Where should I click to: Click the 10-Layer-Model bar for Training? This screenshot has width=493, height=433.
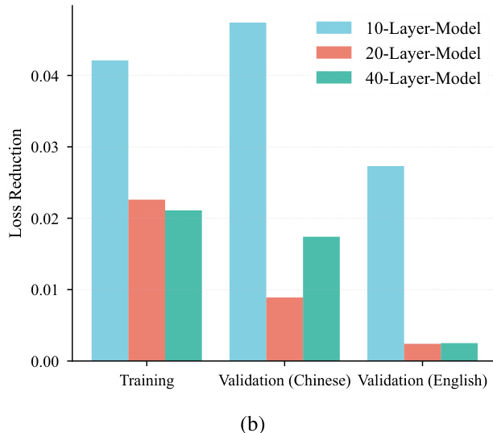[x=110, y=210]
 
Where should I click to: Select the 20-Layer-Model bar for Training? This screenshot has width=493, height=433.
[x=147, y=280]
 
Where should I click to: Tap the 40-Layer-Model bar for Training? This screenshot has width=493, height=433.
[x=184, y=285]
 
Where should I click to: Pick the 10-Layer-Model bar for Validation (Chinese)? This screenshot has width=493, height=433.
[x=247, y=191]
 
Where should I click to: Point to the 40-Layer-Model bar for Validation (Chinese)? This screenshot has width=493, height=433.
[x=321, y=298]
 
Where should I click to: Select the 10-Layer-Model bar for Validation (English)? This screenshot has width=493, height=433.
[x=385, y=263]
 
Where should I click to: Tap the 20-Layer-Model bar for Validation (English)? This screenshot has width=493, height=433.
[x=422, y=352]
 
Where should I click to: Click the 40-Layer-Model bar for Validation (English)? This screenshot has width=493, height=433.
[x=459, y=352]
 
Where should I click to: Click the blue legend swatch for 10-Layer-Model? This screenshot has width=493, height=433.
[x=332, y=30]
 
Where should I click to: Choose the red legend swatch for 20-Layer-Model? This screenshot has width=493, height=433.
[x=332, y=54]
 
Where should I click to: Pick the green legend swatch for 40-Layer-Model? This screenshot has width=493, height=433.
[x=332, y=78]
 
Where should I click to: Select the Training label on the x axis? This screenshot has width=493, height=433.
[x=147, y=380]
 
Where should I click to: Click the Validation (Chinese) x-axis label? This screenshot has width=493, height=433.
[x=284, y=380]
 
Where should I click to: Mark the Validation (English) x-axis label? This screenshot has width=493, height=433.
[x=422, y=380]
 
